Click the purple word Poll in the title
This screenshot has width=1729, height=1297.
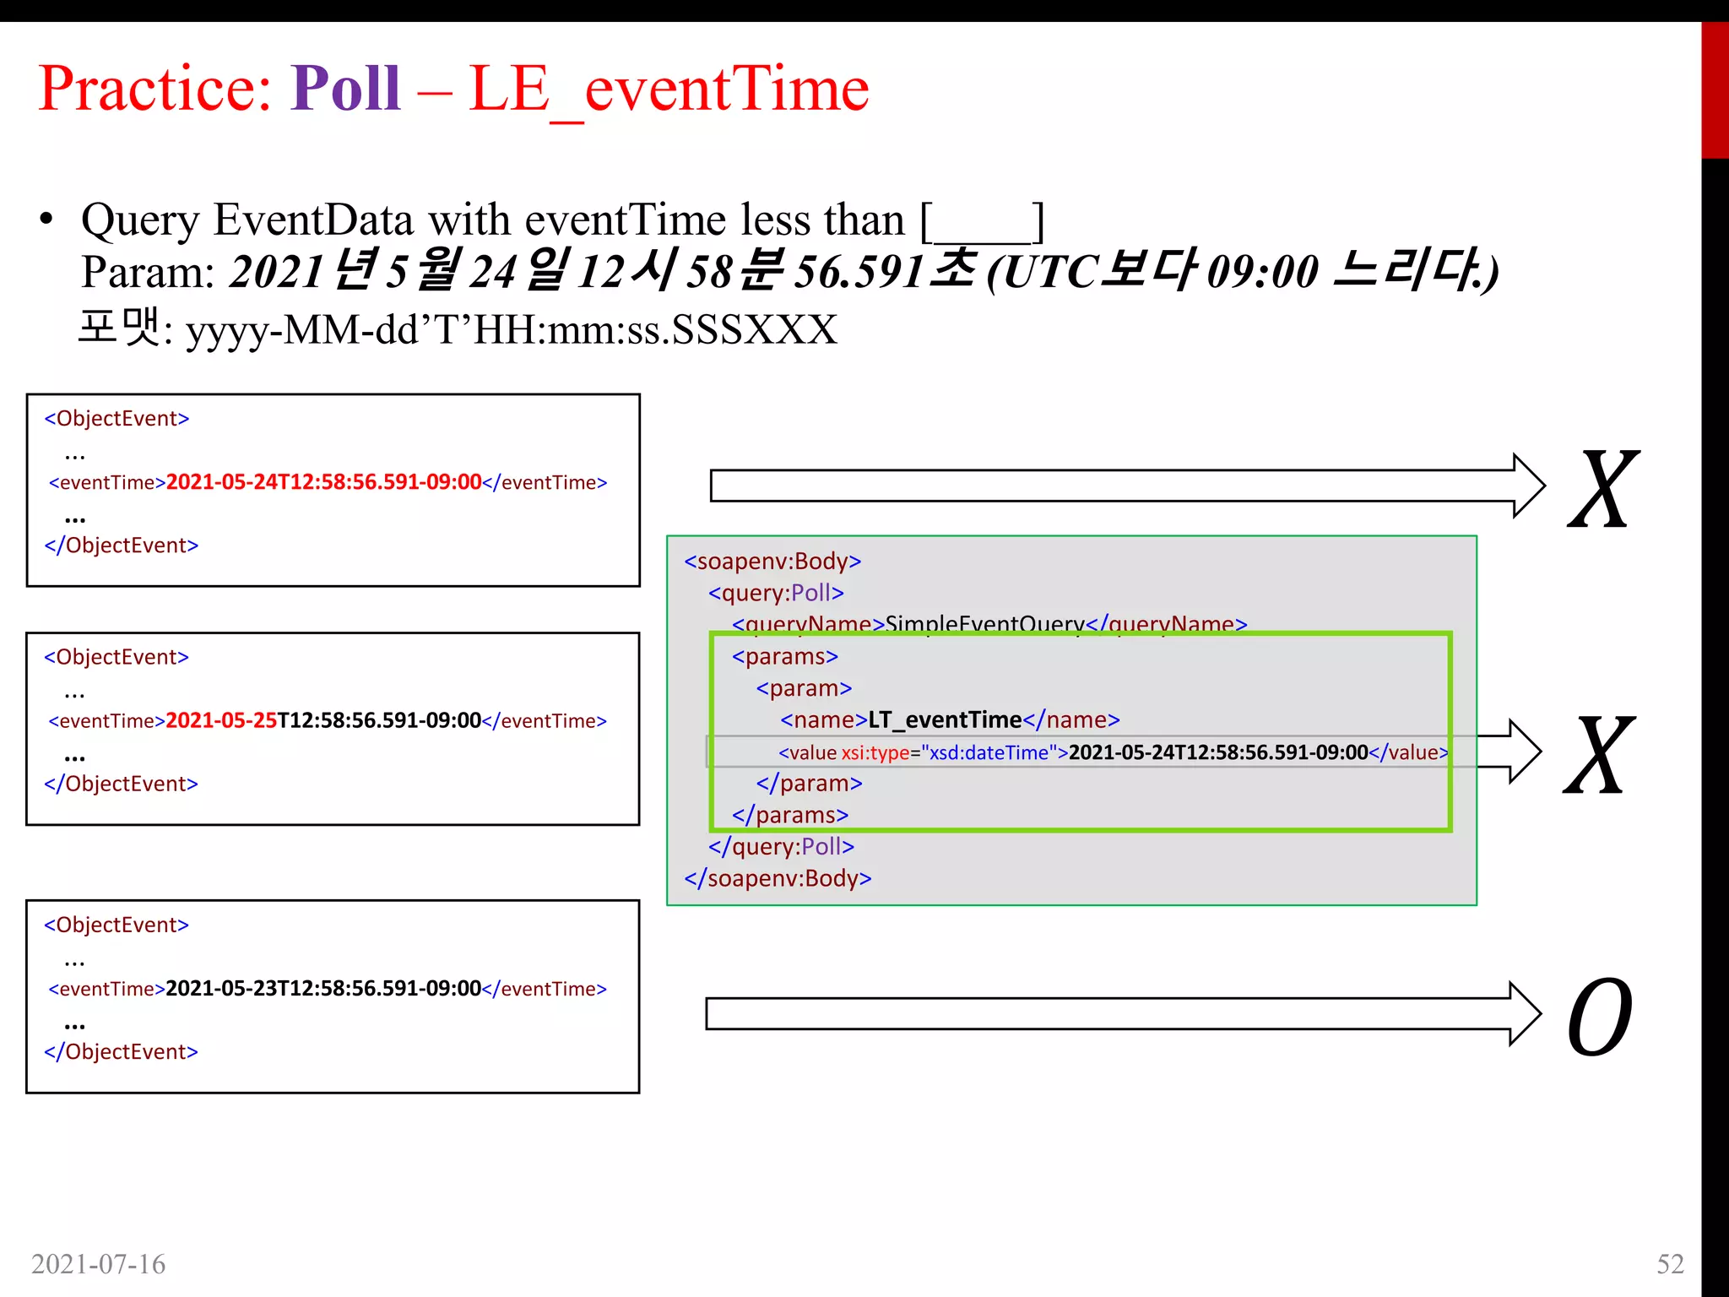click(x=345, y=89)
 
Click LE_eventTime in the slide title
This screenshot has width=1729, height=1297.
click(x=668, y=90)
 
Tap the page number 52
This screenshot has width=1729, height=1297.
click(x=1669, y=1263)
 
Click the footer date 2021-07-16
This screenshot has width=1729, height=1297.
click(x=99, y=1264)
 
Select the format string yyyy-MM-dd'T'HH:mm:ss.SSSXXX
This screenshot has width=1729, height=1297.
click(x=511, y=330)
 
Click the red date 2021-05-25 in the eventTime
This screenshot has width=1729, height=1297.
click(x=221, y=721)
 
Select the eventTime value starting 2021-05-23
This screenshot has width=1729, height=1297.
click(x=323, y=989)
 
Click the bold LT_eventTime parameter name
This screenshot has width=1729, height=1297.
click(x=945, y=720)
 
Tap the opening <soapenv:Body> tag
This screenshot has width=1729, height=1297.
click(x=772, y=562)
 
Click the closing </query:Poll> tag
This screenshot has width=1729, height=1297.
click(x=781, y=847)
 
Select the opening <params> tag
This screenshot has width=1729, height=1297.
click(x=785, y=657)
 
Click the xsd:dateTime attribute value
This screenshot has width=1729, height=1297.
click(x=993, y=752)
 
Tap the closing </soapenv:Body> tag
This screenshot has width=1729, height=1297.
click(x=778, y=879)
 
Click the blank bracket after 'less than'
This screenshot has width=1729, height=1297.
click(x=982, y=222)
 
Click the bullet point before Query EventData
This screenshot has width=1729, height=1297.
click(x=46, y=220)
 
